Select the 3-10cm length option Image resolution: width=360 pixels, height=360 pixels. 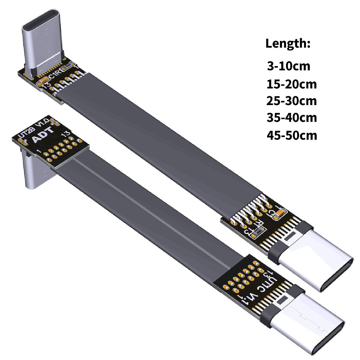(x=288, y=66)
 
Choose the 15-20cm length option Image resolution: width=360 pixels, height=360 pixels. (x=292, y=84)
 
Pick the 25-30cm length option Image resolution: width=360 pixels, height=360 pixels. (x=292, y=100)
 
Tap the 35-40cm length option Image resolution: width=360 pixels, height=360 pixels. (x=292, y=117)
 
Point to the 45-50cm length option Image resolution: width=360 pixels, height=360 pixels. (x=292, y=135)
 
